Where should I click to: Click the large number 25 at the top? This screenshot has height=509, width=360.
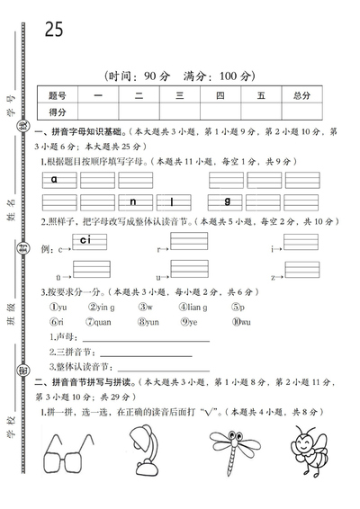click(54, 29)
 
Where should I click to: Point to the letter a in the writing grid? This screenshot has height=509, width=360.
click(55, 179)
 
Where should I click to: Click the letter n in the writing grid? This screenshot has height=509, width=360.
click(131, 201)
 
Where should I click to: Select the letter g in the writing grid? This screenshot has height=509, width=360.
click(228, 200)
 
